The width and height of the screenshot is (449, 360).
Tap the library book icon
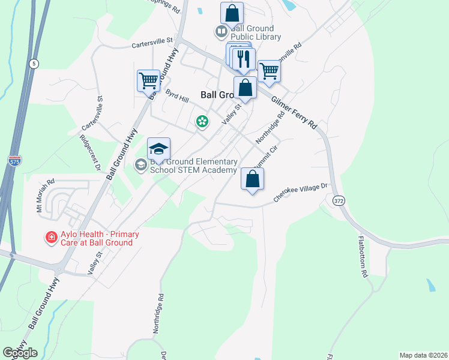point(221,31)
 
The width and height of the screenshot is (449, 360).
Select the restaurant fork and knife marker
point(244,59)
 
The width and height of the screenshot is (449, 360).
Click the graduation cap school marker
point(159,149)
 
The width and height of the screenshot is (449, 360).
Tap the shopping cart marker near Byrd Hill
point(148,79)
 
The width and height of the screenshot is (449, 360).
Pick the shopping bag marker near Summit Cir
point(253,178)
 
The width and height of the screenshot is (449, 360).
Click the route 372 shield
point(339,202)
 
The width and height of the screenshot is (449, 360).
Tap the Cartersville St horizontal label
point(152,43)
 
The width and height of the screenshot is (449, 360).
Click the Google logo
point(20,353)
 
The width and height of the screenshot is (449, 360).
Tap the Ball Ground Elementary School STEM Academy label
point(193,166)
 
